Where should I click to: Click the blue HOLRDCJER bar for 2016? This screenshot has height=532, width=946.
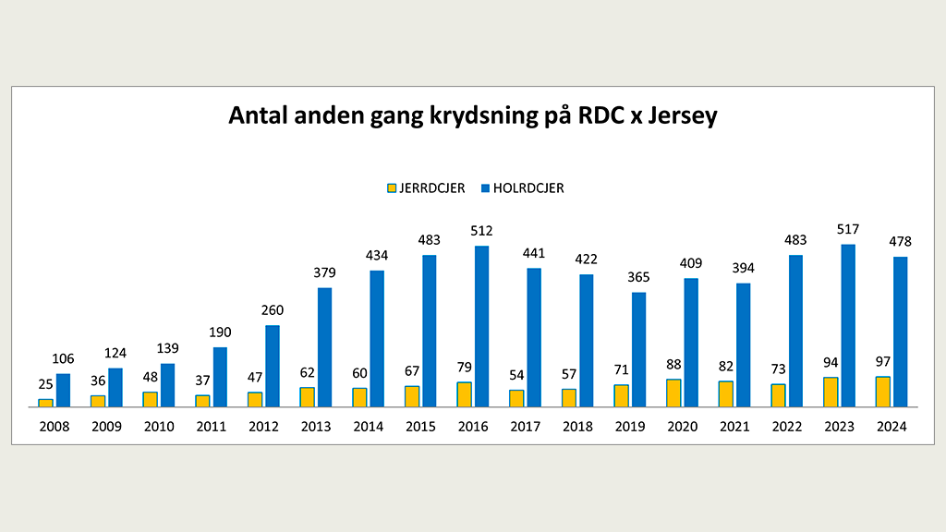pyautogui.click(x=481, y=326)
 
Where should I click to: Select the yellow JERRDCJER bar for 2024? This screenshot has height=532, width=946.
pyautogui.click(x=883, y=392)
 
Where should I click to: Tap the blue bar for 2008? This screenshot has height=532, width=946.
pyautogui.click(x=63, y=390)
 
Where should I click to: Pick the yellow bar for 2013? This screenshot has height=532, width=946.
pyautogui.click(x=307, y=397)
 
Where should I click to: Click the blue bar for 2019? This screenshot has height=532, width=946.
pyautogui.click(x=638, y=349)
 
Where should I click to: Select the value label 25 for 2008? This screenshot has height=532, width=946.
pyautogui.click(x=45, y=383)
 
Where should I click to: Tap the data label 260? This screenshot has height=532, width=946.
pyautogui.click(x=272, y=310)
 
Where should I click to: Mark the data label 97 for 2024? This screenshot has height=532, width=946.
pyautogui.click(x=883, y=361)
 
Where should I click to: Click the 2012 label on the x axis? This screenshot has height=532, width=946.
pyautogui.click(x=263, y=427)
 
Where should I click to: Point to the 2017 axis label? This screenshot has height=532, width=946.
pyautogui.click(x=525, y=427)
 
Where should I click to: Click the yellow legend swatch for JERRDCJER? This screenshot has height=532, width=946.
pyautogui.click(x=392, y=188)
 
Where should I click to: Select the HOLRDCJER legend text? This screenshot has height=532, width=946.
pyautogui.click(x=528, y=188)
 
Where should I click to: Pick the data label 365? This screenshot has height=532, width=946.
pyautogui.click(x=638, y=277)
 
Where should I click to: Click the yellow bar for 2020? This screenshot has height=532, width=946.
pyautogui.click(x=673, y=393)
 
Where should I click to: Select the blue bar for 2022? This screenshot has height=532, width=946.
pyautogui.click(x=795, y=331)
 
